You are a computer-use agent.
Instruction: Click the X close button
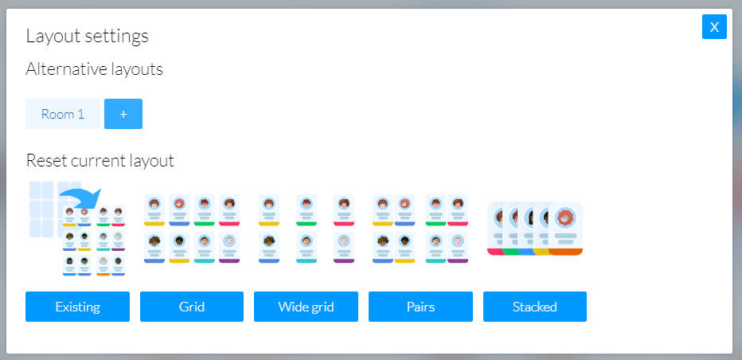(x=714, y=27)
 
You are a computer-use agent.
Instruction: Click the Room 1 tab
(x=63, y=114)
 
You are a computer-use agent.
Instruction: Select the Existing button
(x=77, y=307)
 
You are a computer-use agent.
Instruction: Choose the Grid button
(x=192, y=307)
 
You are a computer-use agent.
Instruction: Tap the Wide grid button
(x=306, y=307)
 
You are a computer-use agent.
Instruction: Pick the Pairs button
(x=420, y=307)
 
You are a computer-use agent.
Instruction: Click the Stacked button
(x=535, y=307)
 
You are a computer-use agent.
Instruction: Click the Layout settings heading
(x=87, y=36)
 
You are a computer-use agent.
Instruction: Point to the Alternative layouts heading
(x=94, y=69)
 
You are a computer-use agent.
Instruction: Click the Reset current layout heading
(x=100, y=161)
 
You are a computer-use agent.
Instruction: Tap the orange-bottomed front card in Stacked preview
(x=565, y=229)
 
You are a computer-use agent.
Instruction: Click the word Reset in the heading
(x=45, y=161)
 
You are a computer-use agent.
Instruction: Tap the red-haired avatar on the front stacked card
(x=565, y=217)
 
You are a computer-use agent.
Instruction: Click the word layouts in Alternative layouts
(x=136, y=69)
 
